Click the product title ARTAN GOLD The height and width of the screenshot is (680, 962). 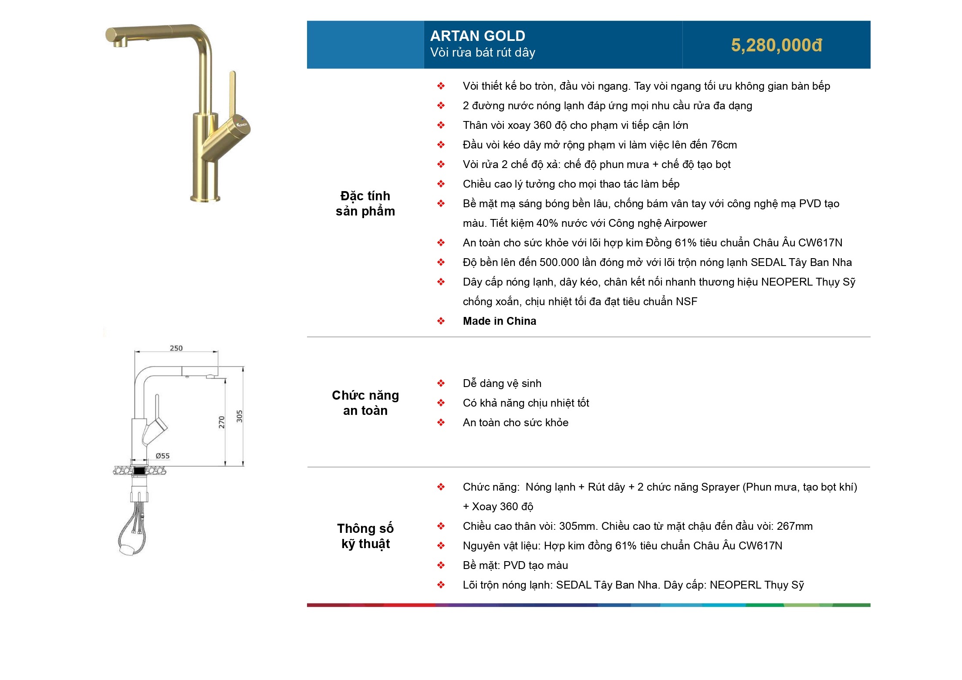(477, 36)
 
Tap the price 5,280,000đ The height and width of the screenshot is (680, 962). (776, 45)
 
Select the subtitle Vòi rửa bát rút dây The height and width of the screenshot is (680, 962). (483, 53)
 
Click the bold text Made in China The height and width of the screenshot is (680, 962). (500, 321)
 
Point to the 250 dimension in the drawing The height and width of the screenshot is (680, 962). (176, 348)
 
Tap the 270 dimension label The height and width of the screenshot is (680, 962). (222, 422)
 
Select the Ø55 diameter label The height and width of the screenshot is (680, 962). (162, 456)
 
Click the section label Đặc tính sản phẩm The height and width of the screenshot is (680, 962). (365, 203)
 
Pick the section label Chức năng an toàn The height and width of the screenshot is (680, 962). (365, 403)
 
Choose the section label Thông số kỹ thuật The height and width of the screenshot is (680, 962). (365, 536)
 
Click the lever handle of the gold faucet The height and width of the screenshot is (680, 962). (232, 91)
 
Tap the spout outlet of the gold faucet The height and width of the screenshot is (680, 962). (119, 43)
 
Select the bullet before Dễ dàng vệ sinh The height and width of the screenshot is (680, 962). (441, 384)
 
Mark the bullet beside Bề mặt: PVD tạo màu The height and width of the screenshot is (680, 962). (441, 566)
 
